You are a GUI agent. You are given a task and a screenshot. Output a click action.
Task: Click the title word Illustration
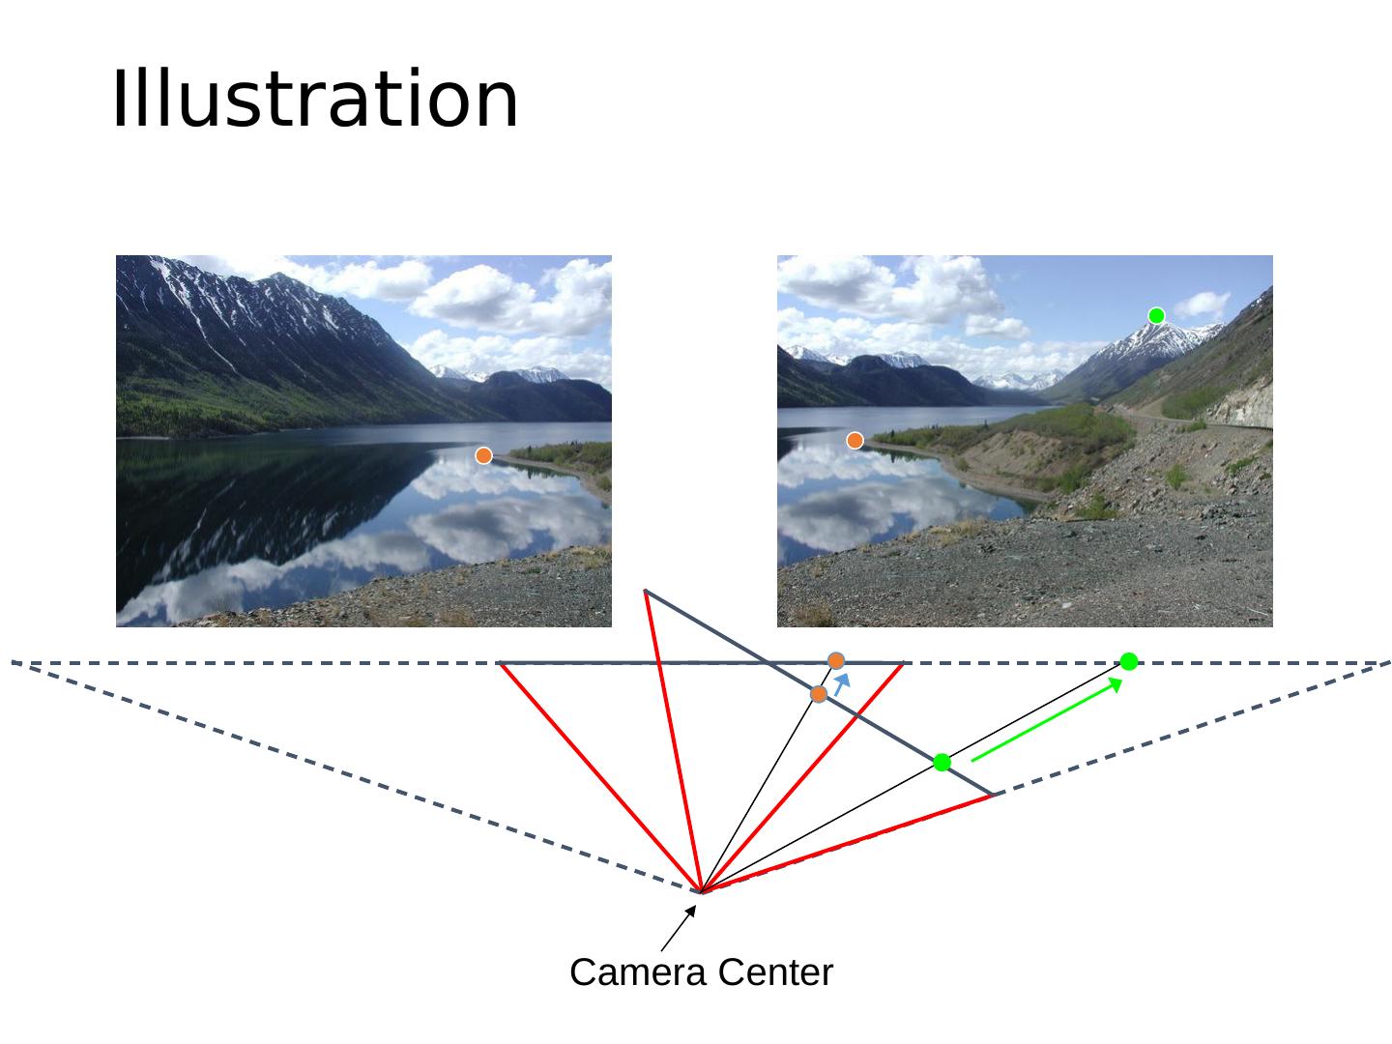tap(315, 100)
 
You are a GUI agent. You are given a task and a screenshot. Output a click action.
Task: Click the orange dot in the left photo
tap(483, 455)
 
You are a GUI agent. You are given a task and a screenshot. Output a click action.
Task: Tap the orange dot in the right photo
tap(855, 441)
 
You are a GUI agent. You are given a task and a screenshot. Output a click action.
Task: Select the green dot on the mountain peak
tap(1156, 315)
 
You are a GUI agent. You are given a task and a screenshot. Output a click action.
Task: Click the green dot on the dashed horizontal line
tap(1128, 661)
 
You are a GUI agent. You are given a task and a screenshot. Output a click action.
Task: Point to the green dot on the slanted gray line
tap(942, 763)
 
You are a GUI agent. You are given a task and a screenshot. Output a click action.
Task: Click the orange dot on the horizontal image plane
tap(836, 660)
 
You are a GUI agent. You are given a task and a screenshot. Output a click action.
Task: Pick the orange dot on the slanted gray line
tap(819, 694)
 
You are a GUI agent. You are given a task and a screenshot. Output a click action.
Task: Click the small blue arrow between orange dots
tap(842, 684)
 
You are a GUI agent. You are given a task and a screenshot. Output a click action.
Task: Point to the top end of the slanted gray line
tap(645, 591)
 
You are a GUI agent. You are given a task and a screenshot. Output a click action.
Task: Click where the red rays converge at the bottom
tap(701, 890)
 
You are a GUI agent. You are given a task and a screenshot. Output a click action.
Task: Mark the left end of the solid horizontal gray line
tap(499, 663)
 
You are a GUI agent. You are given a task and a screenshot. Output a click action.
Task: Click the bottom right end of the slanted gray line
tap(994, 794)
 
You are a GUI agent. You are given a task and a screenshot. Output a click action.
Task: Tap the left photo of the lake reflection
tap(363, 441)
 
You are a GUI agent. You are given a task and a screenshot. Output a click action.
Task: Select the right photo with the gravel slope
tap(1025, 441)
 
